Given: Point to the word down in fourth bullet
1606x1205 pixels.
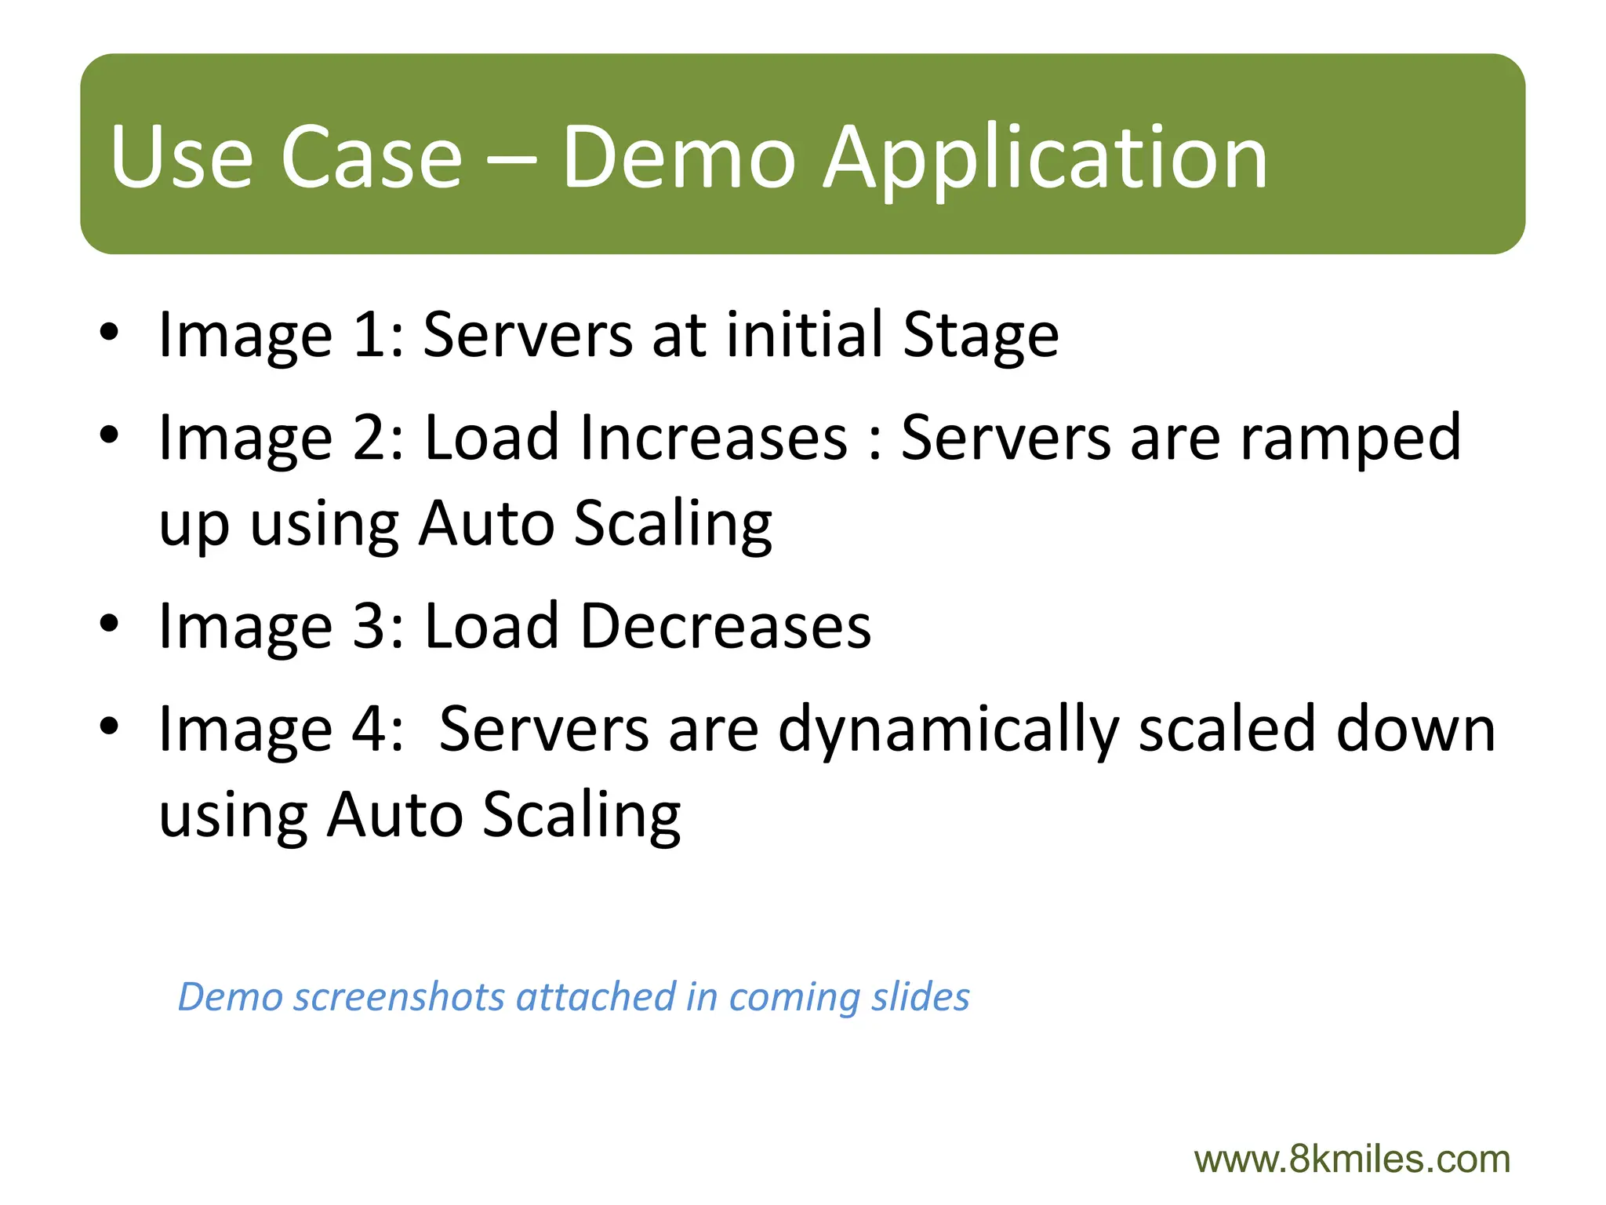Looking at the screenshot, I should tap(1415, 729).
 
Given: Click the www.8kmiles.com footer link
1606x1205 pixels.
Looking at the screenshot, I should tap(1352, 1159).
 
